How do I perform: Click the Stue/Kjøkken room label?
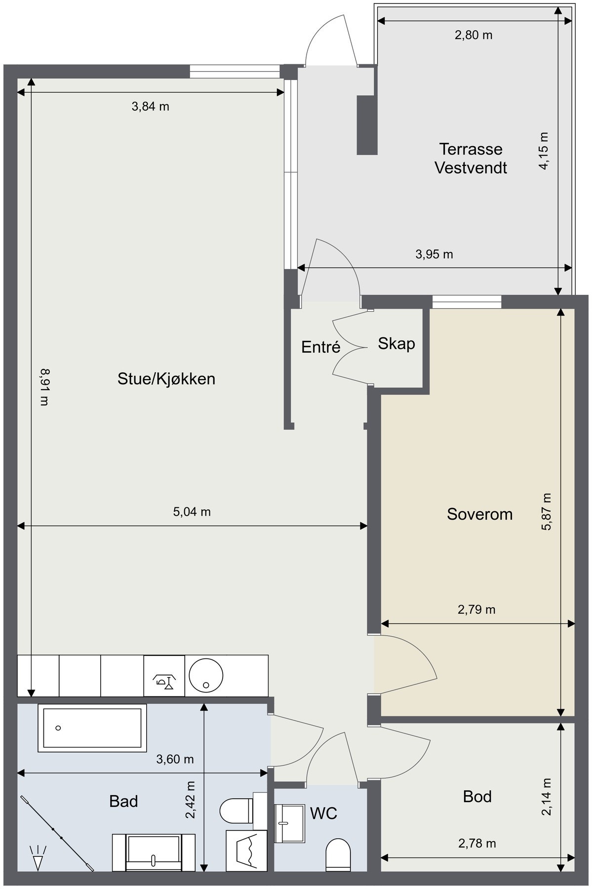[166, 379]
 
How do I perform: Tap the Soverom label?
[479, 514]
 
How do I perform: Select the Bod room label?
[477, 796]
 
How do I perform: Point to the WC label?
[323, 813]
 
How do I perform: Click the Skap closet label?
[396, 344]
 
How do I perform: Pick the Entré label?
[321, 347]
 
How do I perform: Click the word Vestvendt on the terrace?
[471, 168]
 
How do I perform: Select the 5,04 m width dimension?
[192, 512]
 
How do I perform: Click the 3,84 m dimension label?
[150, 106]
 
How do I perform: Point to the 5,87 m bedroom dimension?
[546, 512]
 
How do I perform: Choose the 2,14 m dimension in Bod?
[546, 797]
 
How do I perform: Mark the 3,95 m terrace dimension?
[434, 254]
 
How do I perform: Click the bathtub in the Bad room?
[92, 728]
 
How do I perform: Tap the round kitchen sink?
[206, 675]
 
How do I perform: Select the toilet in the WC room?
[338, 856]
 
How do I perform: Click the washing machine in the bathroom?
[246, 850]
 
